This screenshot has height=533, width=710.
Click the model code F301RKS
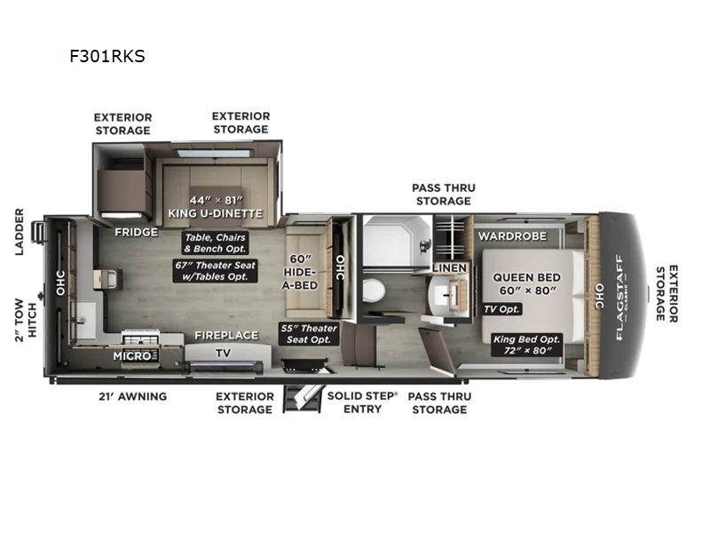(x=107, y=56)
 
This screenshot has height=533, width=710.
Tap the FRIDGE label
(x=136, y=232)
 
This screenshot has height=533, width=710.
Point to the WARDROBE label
(x=513, y=236)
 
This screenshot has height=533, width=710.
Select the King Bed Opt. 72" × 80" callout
(x=522, y=345)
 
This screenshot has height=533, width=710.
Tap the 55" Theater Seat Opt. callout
(x=310, y=334)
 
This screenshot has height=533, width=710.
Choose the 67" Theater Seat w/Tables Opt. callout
(x=215, y=270)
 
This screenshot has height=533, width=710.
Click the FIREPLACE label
(x=226, y=335)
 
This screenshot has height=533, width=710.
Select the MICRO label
(x=129, y=355)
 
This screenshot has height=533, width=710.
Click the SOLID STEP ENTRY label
(x=361, y=402)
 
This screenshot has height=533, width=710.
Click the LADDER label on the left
(x=20, y=232)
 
